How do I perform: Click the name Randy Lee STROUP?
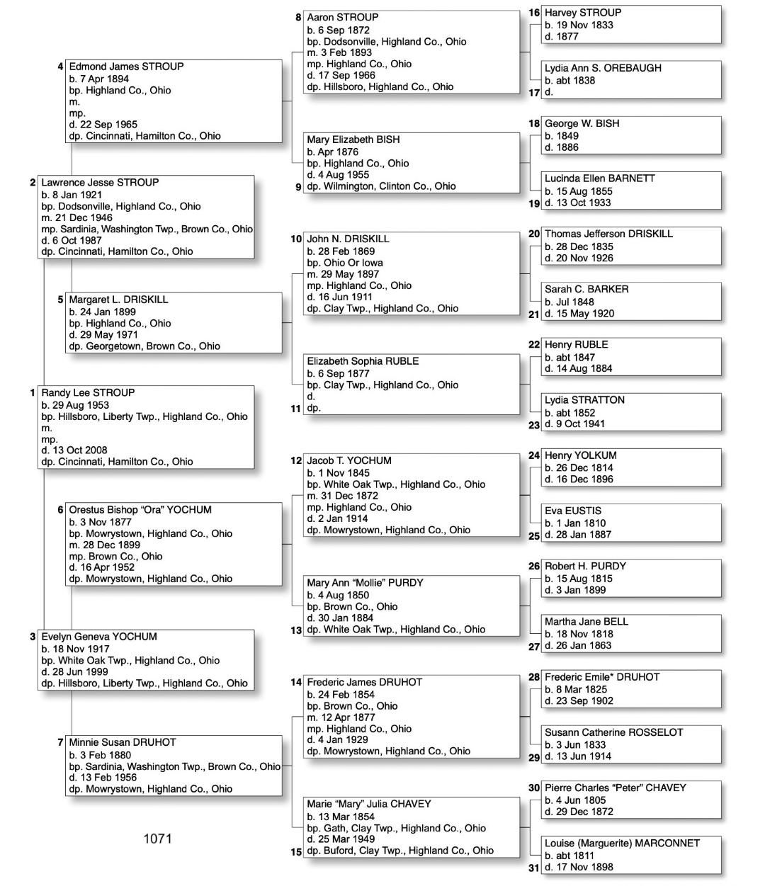point(88,392)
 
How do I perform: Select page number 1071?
point(157,839)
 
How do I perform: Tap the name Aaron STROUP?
point(343,17)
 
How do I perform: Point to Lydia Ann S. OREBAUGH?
point(603,68)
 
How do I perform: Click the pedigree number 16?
point(534,13)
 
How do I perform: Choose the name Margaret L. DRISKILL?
point(118,300)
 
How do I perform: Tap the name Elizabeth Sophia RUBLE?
point(363,361)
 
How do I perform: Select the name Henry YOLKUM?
point(580,455)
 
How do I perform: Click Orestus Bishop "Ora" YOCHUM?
point(140,509)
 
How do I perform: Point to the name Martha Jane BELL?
point(586,622)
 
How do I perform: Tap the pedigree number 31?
point(534,868)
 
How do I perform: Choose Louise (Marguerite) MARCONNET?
point(622,844)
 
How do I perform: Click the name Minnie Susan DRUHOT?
point(123,742)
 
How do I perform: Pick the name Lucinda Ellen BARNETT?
point(600,178)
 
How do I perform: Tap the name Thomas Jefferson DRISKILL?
point(608,234)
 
